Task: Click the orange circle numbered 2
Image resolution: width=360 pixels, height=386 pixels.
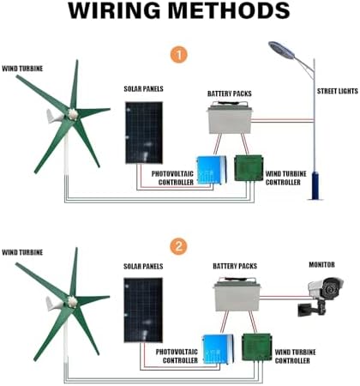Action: coord(178,247)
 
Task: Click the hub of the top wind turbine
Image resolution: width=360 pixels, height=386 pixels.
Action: coord(73,112)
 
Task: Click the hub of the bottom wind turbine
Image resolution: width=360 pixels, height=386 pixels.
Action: coord(73,301)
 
